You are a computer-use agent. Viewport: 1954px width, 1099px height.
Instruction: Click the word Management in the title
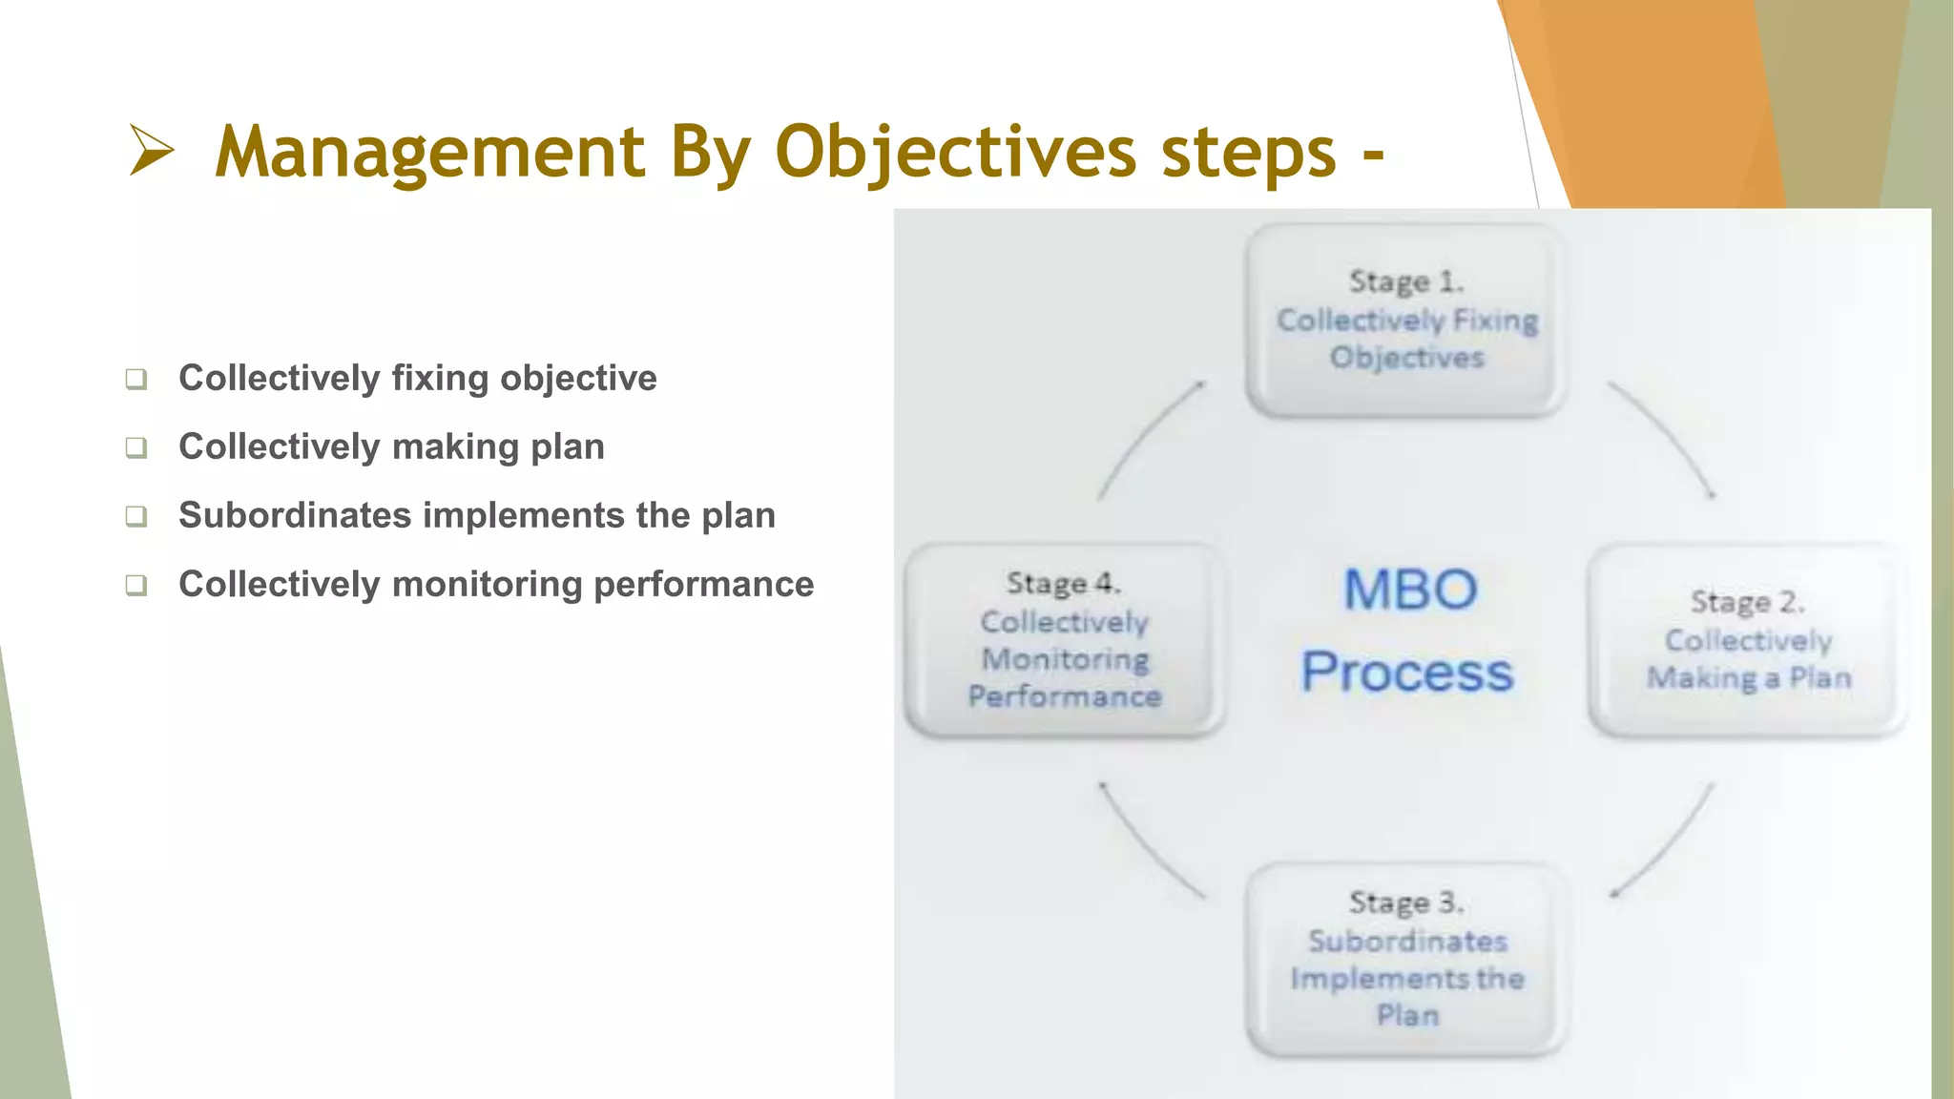point(429,153)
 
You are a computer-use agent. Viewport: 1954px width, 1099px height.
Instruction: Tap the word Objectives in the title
point(955,153)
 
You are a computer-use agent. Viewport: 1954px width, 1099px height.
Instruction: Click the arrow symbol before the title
point(152,151)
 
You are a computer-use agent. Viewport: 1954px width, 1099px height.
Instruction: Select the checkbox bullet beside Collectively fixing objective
point(136,379)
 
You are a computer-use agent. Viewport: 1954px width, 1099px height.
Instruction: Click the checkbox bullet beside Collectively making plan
point(136,447)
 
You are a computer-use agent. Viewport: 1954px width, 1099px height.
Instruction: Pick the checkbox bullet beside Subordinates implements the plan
point(136,516)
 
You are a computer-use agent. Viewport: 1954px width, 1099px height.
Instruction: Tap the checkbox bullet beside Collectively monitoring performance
point(136,585)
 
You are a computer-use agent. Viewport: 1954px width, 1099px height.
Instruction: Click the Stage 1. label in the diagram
point(1405,281)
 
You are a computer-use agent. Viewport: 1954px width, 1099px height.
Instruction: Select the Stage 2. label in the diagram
point(1747,602)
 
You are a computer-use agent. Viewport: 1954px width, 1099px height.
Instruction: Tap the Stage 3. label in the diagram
point(1405,902)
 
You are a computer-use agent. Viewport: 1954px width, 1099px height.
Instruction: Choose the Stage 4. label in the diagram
point(1063,583)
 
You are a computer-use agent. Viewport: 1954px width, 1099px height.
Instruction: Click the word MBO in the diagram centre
point(1409,590)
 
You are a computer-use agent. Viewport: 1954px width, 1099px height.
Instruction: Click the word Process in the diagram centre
point(1407,673)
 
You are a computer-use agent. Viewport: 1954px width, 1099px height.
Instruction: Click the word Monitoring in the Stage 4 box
point(1065,659)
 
